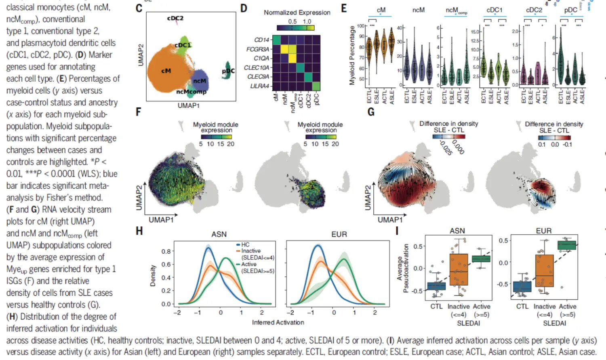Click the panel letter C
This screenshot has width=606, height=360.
(x=139, y=8)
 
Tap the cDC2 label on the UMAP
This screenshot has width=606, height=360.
(x=175, y=18)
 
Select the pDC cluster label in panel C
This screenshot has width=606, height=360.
(x=228, y=71)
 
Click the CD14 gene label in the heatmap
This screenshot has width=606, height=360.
(x=261, y=40)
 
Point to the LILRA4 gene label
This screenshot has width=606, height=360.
(x=259, y=86)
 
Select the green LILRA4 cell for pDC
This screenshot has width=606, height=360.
(x=316, y=86)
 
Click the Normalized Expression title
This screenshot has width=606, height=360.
(x=297, y=13)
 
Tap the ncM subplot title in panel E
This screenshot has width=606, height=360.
(x=418, y=10)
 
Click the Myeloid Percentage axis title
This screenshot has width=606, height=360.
(x=352, y=55)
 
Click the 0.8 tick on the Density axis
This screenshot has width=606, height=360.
(x=166, y=251)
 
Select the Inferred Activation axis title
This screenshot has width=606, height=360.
(x=278, y=322)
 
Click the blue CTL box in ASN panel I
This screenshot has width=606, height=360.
(x=436, y=286)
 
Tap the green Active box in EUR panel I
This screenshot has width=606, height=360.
(x=566, y=245)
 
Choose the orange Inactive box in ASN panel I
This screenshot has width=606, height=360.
(x=459, y=269)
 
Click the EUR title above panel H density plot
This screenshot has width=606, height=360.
(x=339, y=234)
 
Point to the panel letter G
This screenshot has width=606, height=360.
(x=371, y=112)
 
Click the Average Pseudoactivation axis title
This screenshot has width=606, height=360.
(x=402, y=268)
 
